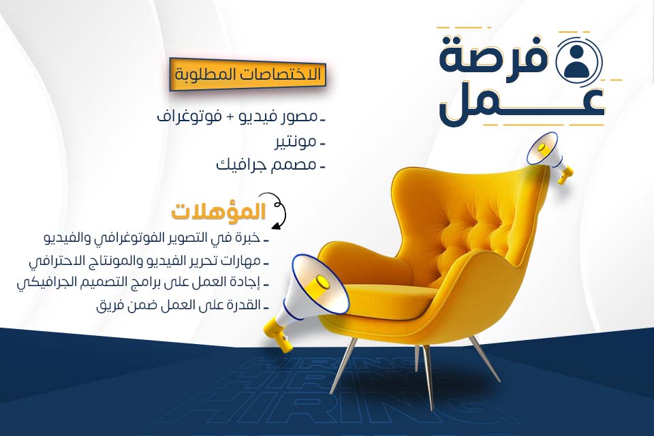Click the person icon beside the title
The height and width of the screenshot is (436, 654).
[577, 62]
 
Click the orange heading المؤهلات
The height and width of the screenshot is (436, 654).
[219, 212]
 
